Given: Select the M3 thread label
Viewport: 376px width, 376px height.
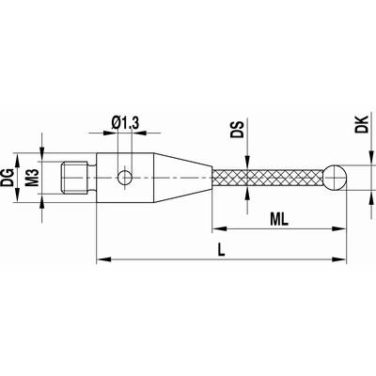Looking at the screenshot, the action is coord(32,178).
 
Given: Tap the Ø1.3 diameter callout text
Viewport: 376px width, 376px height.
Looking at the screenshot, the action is coord(125,123).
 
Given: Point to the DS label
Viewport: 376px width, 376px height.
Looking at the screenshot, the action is coord(237,130).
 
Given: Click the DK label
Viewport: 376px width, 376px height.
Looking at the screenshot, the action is coord(362,124).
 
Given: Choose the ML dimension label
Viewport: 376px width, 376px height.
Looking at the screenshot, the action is coord(279,220).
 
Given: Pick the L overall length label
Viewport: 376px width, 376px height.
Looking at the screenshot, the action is coord(222,250).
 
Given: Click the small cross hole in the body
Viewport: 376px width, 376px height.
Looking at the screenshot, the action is coord(125,178).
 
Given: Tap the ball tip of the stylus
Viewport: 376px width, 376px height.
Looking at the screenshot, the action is coord(335,178).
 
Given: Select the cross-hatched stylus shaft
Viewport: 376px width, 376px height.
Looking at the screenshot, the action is coord(268,178).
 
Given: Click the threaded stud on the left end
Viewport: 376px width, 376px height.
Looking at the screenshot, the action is coord(78,178).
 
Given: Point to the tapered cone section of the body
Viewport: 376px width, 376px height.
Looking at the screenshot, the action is coord(182,178).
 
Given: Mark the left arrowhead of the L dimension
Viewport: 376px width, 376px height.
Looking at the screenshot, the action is coord(103,259).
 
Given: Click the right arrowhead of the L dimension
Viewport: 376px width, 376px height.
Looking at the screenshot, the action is coord(339,259).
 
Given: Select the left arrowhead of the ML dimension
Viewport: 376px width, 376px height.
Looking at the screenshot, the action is coord(220,228).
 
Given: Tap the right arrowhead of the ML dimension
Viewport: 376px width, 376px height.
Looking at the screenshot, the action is coord(339,228).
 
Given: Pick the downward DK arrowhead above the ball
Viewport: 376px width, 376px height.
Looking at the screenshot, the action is coord(371,159).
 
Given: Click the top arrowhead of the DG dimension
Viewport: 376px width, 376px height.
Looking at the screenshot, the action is coord(17,161).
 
